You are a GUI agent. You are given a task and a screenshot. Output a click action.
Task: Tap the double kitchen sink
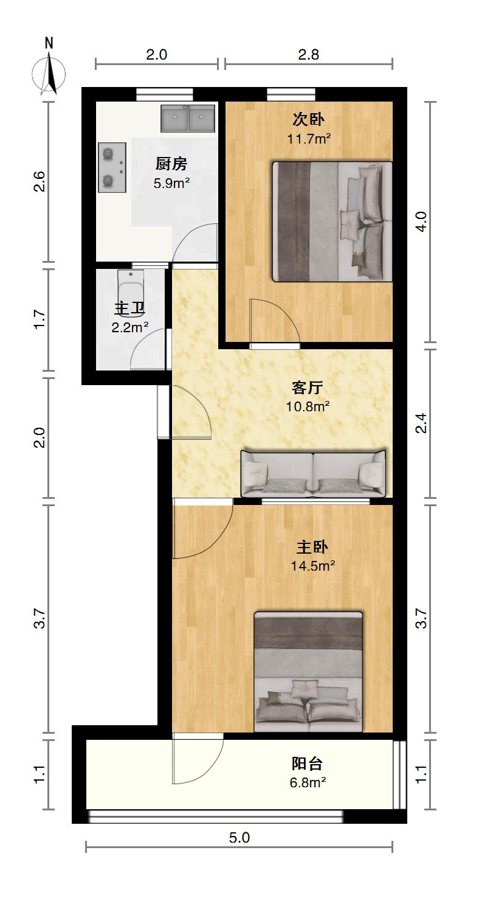(x=187, y=119)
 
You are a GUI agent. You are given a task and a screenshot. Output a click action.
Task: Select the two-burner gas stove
(x=112, y=167)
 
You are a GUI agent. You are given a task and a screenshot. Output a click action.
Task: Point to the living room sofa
(x=313, y=473)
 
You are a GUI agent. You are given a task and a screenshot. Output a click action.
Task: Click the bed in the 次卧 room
(x=332, y=221)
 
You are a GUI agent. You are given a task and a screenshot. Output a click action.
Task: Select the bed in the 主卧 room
(x=308, y=672)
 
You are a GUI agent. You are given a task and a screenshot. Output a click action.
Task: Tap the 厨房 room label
(x=171, y=164)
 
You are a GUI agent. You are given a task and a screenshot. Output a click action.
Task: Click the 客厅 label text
(x=307, y=387)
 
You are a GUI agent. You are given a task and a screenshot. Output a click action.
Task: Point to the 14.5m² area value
(x=312, y=566)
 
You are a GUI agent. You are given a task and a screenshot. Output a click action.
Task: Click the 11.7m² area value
(x=309, y=139)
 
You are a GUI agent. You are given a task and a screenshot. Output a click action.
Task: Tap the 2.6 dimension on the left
(x=39, y=181)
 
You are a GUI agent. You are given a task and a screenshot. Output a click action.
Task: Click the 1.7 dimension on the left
(x=39, y=319)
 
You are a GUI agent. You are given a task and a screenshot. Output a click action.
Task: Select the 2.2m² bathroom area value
(x=129, y=327)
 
